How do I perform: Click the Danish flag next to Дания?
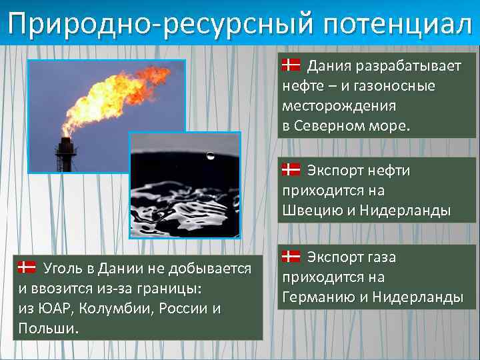[291, 65]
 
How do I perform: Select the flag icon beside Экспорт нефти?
[291, 169]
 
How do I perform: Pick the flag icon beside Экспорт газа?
[291, 256]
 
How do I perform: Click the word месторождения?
[339, 107]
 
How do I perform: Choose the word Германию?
[317, 297]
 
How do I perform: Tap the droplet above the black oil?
[210, 157]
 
